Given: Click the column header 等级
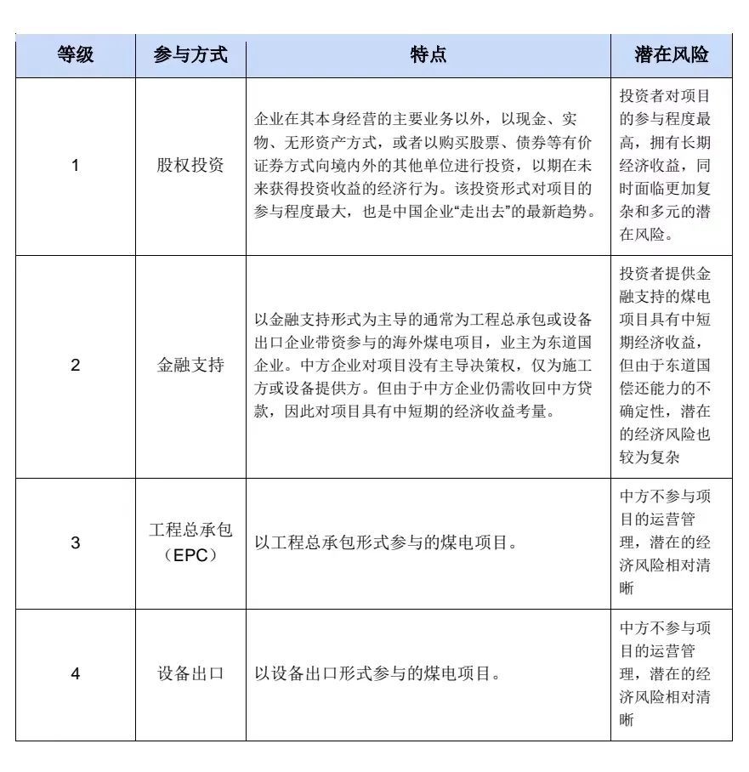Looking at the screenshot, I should pyautogui.click(x=75, y=55).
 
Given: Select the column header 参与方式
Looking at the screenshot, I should pyautogui.click(x=190, y=55).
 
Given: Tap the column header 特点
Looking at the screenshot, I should pyautogui.click(x=428, y=55).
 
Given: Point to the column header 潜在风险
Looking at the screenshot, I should pyautogui.click(x=671, y=55).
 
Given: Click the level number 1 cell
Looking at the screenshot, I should pyautogui.click(x=75, y=165).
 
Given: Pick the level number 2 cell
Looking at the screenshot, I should pyautogui.click(x=75, y=366).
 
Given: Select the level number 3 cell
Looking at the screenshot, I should pyautogui.click(x=75, y=542).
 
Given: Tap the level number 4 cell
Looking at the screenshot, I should pyautogui.click(x=75, y=674).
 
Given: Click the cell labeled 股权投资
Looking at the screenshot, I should pyautogui.click(x=190, y=165).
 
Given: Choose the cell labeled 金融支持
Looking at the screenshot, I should pyautogui.click(x=190, y=366).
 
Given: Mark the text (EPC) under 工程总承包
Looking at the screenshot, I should pyautogui.click(x=190, y=554).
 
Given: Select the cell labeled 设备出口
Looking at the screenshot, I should pyautogui.click(x=190, y=674).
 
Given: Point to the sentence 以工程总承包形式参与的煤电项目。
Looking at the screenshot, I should pyautogui.click(x=387, y=542).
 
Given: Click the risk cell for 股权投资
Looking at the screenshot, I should pyautogui.click(x=671, y=165).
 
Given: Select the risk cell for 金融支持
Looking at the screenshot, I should pyautogui.click(x=671, y=366).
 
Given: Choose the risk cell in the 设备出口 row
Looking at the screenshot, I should pyautogui.click(x=671, y=674).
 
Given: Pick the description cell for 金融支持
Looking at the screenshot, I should pyautogui.click(x=428, y=366).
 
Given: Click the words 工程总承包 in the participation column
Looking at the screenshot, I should pyautogui.click(x=190, y=531).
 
